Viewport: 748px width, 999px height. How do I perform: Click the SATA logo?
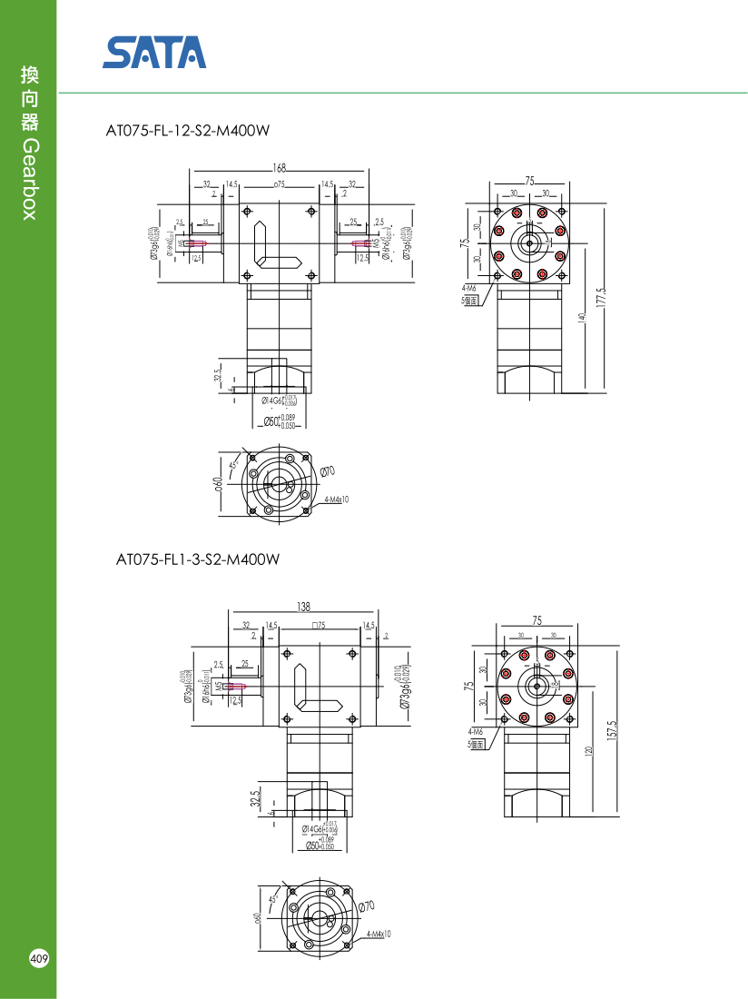[x=154, y=53]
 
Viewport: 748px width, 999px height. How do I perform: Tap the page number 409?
[x=39, y=958]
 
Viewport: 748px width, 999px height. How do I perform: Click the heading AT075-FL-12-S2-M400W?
[x=188, y=131]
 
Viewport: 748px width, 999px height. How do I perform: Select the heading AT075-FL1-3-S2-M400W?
[x=198, y=559]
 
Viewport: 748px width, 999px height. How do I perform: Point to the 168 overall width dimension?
[x=279, y=168]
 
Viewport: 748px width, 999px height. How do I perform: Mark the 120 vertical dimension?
[x=589, y=752]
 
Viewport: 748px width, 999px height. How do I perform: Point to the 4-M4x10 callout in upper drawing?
[x=337, y=499]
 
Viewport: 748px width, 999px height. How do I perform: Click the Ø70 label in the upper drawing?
[x=328, y=470]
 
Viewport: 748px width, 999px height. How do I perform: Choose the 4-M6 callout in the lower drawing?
[x=476, y=731]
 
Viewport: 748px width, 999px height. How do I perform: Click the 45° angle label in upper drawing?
[x=233, y=465]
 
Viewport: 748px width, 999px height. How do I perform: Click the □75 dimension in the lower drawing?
[x=320, y=626]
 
